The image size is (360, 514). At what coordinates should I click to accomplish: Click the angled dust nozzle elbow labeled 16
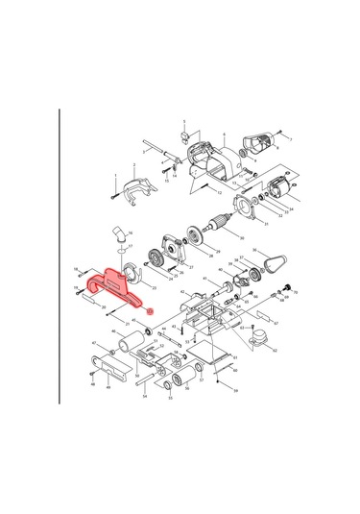pos(117,233)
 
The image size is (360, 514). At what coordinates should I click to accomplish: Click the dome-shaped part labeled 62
pos(258,335)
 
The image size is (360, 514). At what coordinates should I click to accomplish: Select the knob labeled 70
pos(286,289)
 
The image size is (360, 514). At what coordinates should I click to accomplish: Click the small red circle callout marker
pos(149,311)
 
